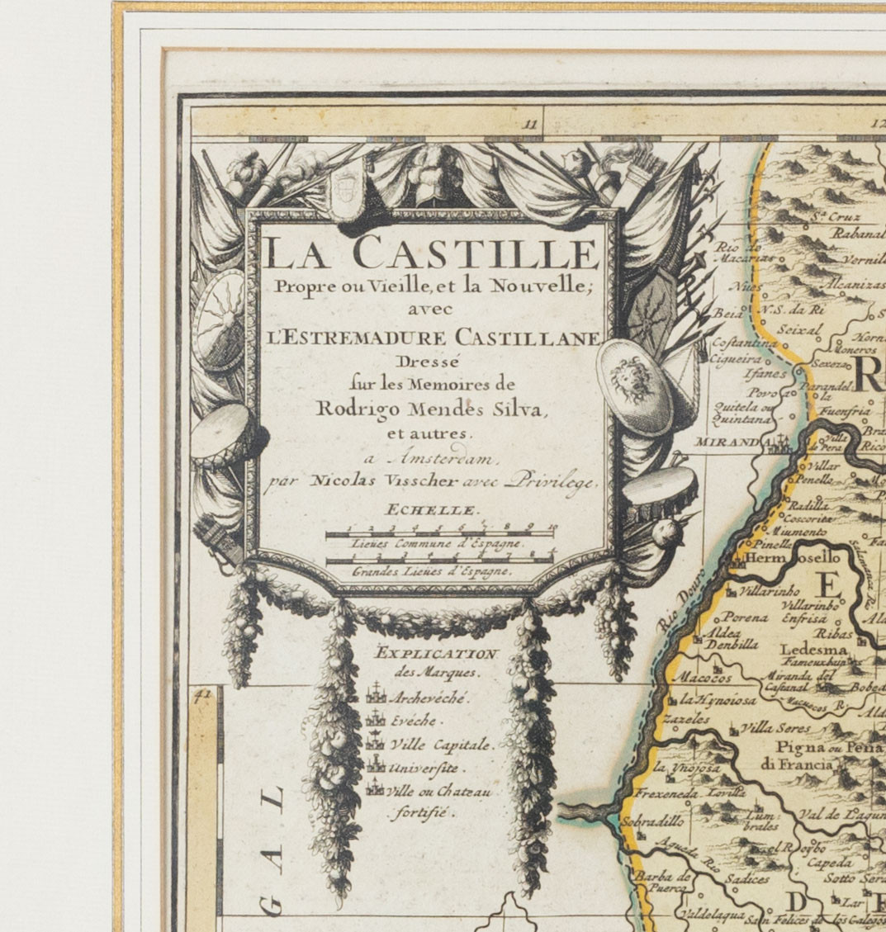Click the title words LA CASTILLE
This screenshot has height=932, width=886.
tap(430, 253)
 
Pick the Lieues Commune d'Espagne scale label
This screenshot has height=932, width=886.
tap(436, 544)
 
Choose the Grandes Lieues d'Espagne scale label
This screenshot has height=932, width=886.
tap(432, 570)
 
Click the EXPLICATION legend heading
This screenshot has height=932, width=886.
tap(436, 655)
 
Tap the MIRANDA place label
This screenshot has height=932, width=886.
tap(726, 442)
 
